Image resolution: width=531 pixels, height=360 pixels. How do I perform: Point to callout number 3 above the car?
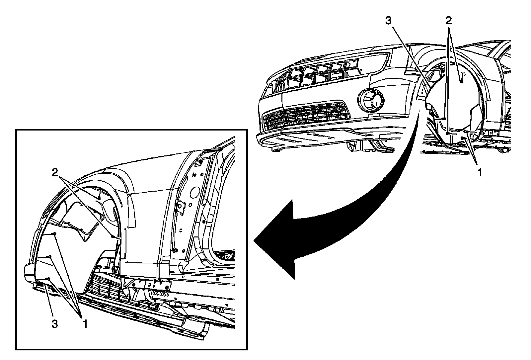point(389,21)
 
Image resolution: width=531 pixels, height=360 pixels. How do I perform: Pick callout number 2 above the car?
point(448,21)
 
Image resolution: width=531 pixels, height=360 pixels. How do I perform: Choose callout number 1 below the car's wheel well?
point(479,172)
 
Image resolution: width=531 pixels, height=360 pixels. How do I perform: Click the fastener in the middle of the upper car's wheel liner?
point(461,81)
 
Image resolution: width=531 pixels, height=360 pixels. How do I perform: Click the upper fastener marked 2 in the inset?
point(99,198)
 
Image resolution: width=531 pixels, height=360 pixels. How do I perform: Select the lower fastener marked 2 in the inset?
point(114,237)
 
